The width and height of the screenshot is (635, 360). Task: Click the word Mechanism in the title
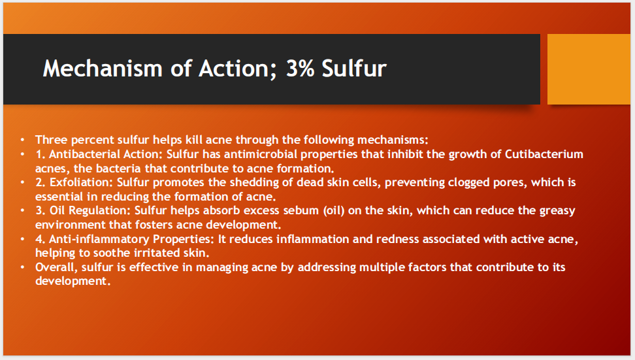pos(103,68)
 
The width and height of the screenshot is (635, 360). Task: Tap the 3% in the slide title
pos(300,68)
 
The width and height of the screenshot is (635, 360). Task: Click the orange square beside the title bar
pos(589,69)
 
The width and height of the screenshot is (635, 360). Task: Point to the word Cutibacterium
pos(544,154)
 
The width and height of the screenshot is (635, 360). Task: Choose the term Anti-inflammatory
pos(99,239)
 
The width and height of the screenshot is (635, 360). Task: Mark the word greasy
pos(557,210)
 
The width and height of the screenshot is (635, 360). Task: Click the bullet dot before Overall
pos(22,267)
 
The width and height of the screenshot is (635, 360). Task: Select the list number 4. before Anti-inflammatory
pos(40,239)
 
